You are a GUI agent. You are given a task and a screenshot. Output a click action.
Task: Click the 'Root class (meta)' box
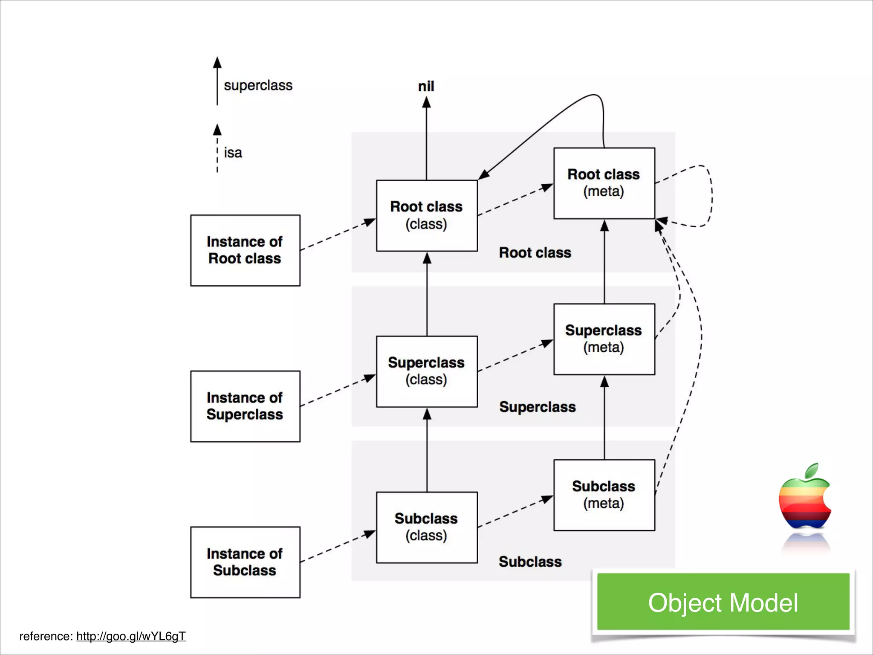604,183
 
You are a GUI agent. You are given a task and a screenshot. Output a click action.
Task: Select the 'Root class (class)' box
427,215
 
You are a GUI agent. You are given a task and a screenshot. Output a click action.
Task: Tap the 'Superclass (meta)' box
604,339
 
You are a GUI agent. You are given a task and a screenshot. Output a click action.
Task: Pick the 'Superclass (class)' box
427,371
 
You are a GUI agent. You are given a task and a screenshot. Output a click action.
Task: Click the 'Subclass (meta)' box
604,495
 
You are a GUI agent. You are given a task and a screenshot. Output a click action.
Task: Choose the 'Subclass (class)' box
427,527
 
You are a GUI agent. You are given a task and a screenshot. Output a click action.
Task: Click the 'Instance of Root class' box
245,250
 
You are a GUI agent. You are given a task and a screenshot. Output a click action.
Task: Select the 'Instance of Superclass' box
245,406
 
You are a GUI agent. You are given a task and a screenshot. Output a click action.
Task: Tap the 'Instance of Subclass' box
245,562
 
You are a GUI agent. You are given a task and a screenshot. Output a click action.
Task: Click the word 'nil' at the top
426,87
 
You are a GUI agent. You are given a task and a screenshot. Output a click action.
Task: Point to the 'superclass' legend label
258,85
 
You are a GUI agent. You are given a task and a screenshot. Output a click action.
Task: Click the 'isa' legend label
233,153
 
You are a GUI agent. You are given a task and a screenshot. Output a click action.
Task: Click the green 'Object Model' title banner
723,602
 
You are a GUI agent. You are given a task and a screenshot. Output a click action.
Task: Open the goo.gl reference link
131,636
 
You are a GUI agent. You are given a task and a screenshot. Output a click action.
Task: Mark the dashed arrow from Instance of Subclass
337,547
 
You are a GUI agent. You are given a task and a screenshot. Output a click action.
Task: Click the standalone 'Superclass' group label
537,407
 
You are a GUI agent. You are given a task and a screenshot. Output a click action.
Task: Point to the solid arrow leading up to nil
426,141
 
